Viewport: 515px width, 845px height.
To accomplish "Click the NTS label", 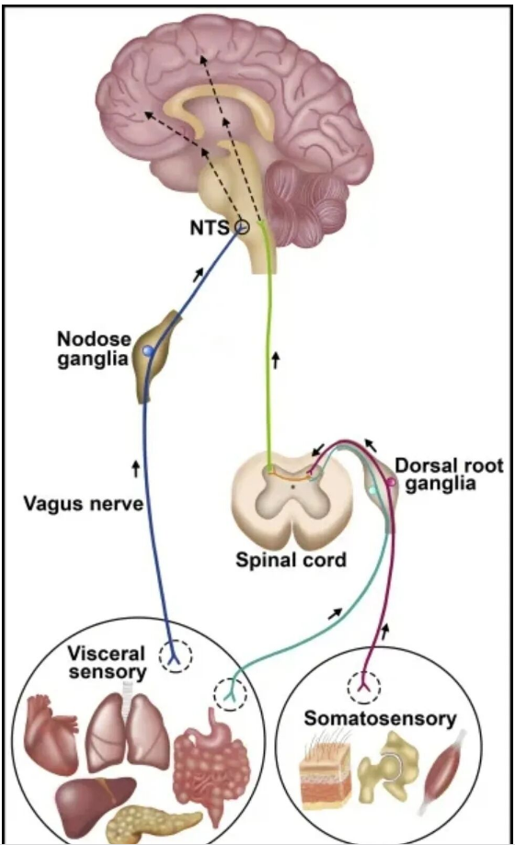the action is click(x=210, y=227).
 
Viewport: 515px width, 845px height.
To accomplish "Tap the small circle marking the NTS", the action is click(x=242, y=228).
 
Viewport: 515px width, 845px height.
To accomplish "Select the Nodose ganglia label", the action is click(x=94, y=348).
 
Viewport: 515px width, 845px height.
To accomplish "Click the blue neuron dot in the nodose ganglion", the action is click(x=148, y=351).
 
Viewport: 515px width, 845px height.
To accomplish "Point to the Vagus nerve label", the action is click(x=84, y=503).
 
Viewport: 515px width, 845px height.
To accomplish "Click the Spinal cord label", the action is click(x=291, y=560).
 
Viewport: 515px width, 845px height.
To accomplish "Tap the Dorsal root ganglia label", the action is click(x=449, y=474).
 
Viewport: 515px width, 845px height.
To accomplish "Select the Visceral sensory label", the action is click(x=108, y=663).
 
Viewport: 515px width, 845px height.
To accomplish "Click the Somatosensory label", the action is click(x=380, y=718).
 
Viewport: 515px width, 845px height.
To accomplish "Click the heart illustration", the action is click(x=52, y=727).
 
